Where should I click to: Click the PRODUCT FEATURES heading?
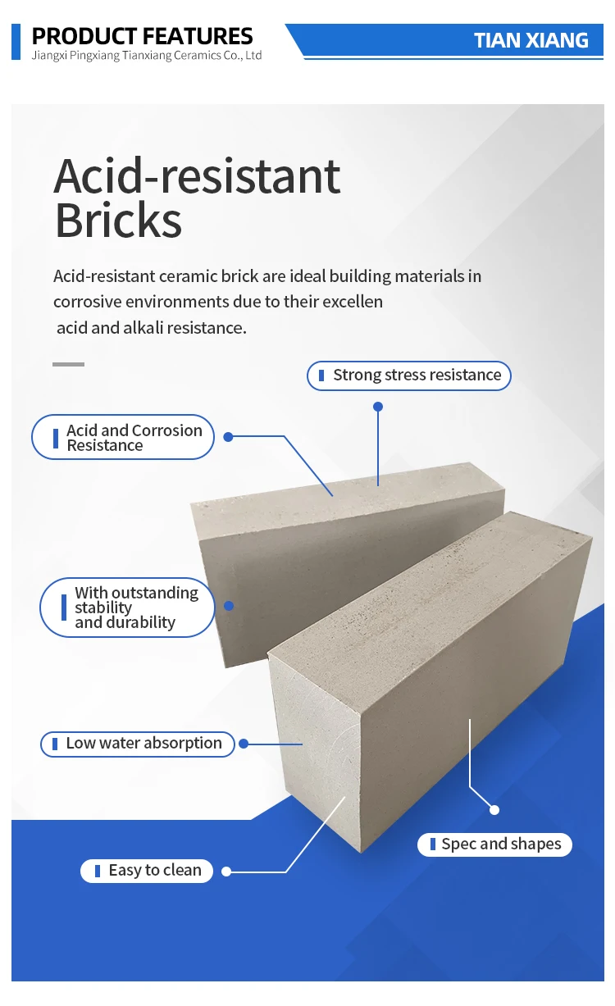142,36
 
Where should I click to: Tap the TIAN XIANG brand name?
531,40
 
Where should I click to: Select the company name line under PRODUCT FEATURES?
146,56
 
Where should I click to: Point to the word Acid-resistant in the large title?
197,175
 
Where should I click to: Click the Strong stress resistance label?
409,376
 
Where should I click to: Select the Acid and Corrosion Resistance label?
123,437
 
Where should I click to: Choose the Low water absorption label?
137,744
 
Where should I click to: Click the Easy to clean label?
147,871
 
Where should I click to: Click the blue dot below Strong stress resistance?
378,406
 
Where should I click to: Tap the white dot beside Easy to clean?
226,872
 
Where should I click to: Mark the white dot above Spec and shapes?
494,809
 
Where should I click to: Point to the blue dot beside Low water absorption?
244,744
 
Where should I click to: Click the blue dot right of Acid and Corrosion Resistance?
229,437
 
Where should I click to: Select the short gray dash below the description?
68,364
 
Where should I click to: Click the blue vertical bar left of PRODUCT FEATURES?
16,41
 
